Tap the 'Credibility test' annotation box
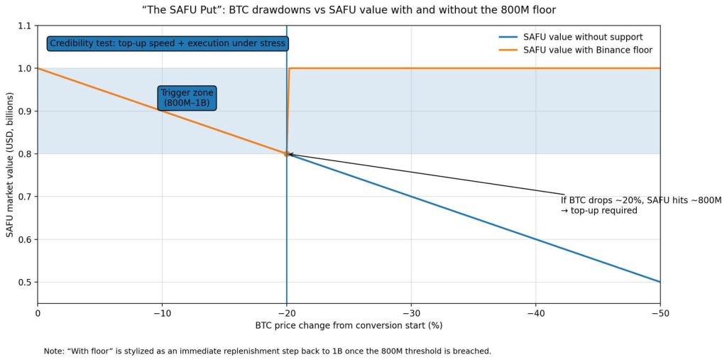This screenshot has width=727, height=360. (168, 43)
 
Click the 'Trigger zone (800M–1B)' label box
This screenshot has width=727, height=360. (187, 98)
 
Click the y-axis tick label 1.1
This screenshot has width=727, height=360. (24, 26)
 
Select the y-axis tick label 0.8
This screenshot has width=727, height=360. (24, 154)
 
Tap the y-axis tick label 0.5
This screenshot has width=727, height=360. (24, 282)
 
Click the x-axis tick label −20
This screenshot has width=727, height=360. (286, 312)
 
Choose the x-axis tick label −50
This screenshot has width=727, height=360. (660, 312)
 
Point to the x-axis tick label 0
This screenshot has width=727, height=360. (38, 312)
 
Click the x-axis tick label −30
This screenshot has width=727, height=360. (411, 312)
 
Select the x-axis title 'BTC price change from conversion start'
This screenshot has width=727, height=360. (349, 326)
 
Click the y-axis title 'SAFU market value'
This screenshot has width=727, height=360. (10, 164)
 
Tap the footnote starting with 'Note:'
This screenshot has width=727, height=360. (267, 351)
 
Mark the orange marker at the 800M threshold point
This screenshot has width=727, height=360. (286, 153)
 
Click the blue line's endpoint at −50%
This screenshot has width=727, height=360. (660, 282)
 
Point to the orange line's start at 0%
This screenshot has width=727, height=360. (38, 69)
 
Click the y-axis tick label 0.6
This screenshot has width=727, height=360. (24, 239)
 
